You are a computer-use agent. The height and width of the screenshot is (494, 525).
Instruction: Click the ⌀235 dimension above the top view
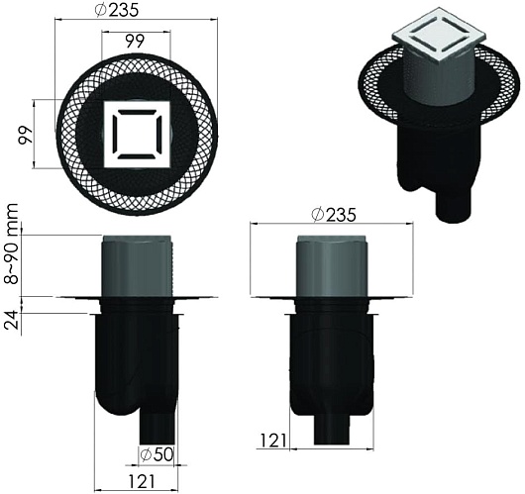coord(116,10)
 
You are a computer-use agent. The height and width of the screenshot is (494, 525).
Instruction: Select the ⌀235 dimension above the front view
coord(333,215)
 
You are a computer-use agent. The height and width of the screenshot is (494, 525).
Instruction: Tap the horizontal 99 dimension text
coord(136,42)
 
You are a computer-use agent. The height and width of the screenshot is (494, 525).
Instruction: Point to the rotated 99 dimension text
coord(26,136)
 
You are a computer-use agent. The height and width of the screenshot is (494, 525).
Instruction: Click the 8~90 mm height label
coord(13,244)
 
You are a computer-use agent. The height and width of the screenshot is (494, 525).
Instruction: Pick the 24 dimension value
coord(12,320)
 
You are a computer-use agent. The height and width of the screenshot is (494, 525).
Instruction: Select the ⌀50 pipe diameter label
coord(157,454)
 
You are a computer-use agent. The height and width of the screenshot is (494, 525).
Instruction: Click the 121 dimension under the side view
coord(142,481)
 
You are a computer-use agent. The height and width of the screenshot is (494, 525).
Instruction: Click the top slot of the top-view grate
coord(137,112)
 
